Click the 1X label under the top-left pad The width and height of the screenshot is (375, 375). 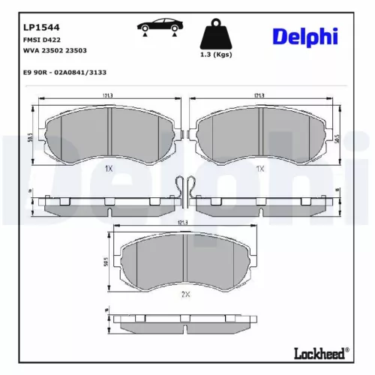pos(110,169)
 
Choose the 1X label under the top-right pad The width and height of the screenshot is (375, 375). pos(259,169)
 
